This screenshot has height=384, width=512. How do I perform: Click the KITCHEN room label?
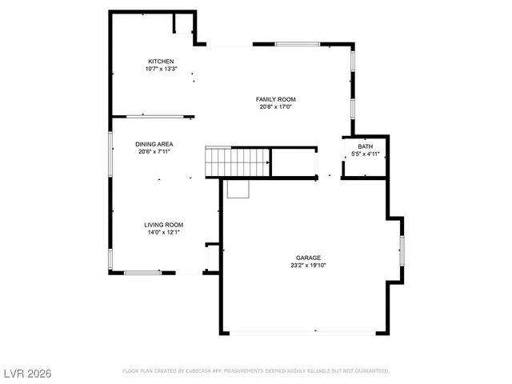click(161, 62)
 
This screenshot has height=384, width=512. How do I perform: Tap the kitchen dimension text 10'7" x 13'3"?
click(161, 70)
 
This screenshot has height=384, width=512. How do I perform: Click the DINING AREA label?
click(154, 144)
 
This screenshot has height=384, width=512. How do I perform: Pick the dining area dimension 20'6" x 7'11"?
click(154, 152)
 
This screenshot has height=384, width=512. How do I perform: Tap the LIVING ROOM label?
click(164, 225)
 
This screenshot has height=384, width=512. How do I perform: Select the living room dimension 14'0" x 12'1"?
click(164, 233)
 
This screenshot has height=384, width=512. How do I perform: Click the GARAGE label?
click(308, 258)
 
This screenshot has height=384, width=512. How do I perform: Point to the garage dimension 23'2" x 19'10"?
click(308, 266)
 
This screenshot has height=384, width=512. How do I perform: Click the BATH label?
click(365, 146)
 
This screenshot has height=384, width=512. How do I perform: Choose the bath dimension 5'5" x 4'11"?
click(365, 154)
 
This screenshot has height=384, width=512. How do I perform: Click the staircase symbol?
click(237, 162)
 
